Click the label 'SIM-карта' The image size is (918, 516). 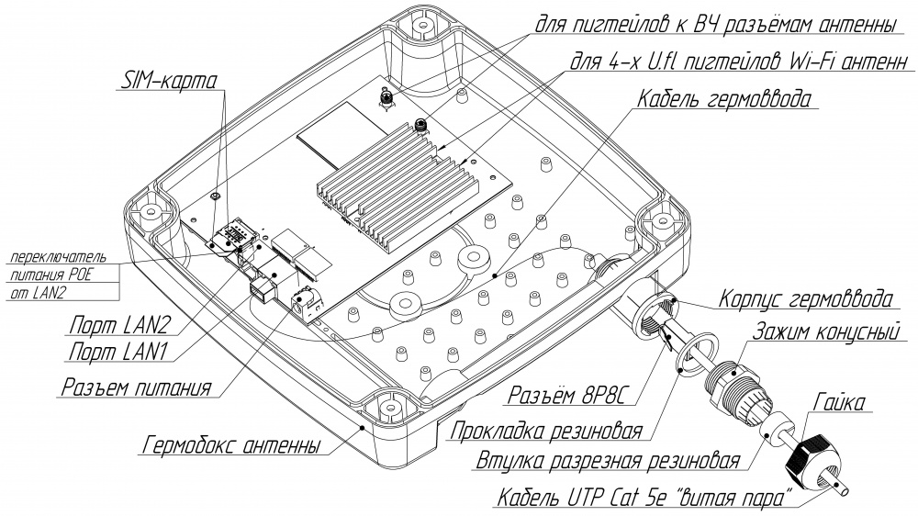169,80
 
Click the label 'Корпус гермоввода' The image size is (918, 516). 804,299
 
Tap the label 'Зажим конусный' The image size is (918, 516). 822,331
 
